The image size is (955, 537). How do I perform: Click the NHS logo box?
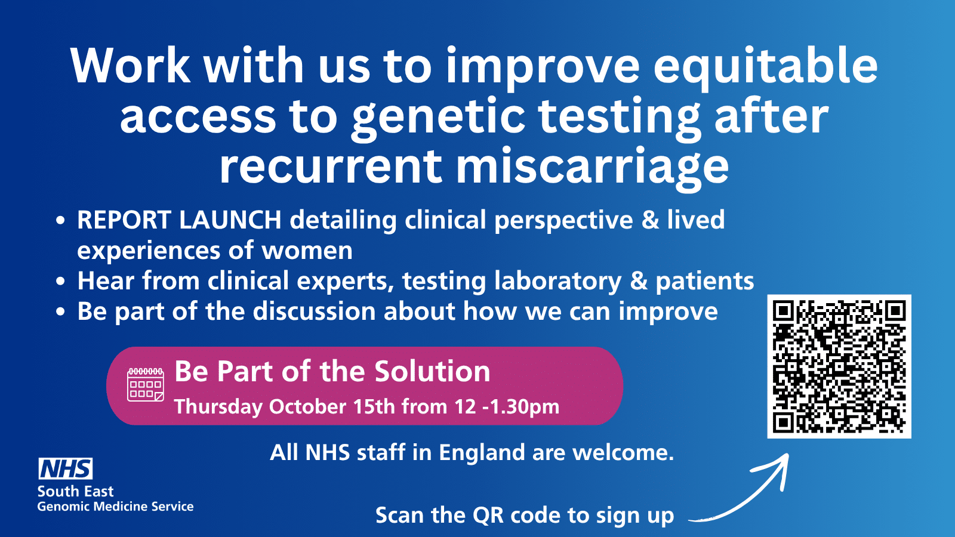tap(66, 469)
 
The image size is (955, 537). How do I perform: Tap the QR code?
tap(839, 366)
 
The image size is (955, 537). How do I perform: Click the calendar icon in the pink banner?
tap(146, 385)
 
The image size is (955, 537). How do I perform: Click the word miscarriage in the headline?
tap(593, 166)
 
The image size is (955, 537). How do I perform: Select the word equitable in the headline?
tap(766, 67)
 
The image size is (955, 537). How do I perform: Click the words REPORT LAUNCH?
tap(179, 220)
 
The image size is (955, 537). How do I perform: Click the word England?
tap(482, 453)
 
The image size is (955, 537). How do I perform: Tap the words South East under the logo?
tap(75, 492)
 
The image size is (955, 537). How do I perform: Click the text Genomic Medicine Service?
tap(116, 507)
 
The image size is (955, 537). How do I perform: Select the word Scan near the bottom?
tap(400, 516)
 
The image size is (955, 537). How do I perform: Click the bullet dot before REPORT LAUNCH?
tap(60, 220)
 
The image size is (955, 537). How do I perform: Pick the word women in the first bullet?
tap(307, 251)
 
